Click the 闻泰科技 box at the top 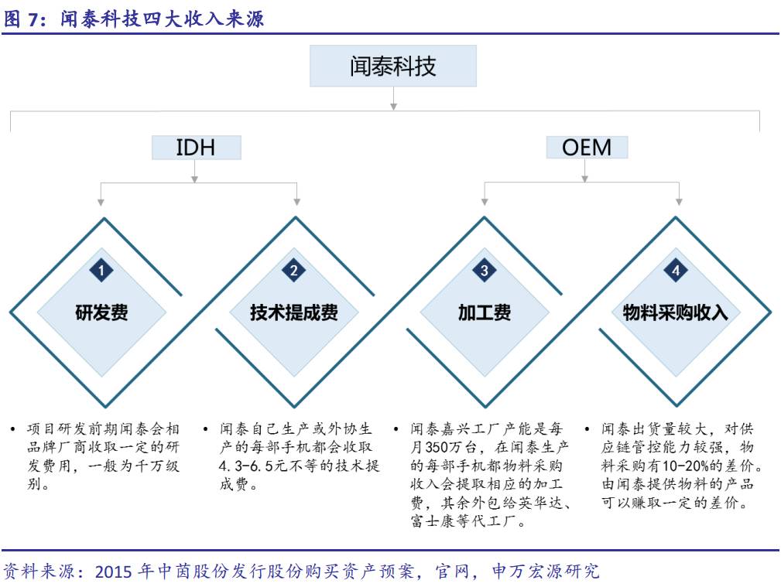(x=393, y=67)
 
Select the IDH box (x=197, y=148)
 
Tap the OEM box (x=587, y=148)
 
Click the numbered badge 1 (x=101, y=271)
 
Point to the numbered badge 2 (x=294, y=271)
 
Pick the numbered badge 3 (x=484, y=271)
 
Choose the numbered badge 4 (x=676, y=271)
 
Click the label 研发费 (x=101, y=312)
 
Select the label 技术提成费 (x=294, y=312)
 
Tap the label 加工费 (x=484, y=312)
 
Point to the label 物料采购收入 (x=676, y=312)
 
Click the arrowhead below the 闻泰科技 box (x=393, y=107)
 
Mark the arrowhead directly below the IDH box (x=195, y=179)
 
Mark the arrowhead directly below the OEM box (x=584, y=179)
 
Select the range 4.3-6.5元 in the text (x=252, y=466)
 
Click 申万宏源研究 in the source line (x=546, y=571)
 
